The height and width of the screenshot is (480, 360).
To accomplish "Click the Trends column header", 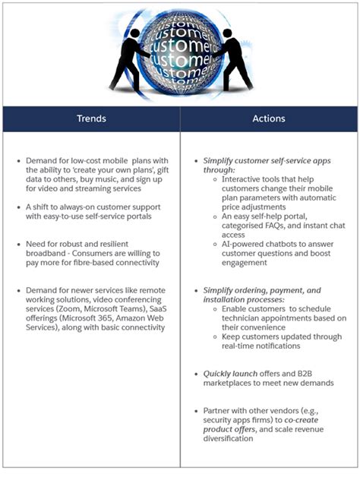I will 90,118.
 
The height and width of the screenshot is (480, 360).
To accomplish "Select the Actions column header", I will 269,118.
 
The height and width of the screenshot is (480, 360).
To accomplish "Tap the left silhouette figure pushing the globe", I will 130,54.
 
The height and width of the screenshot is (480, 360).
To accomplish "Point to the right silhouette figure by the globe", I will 232,54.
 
